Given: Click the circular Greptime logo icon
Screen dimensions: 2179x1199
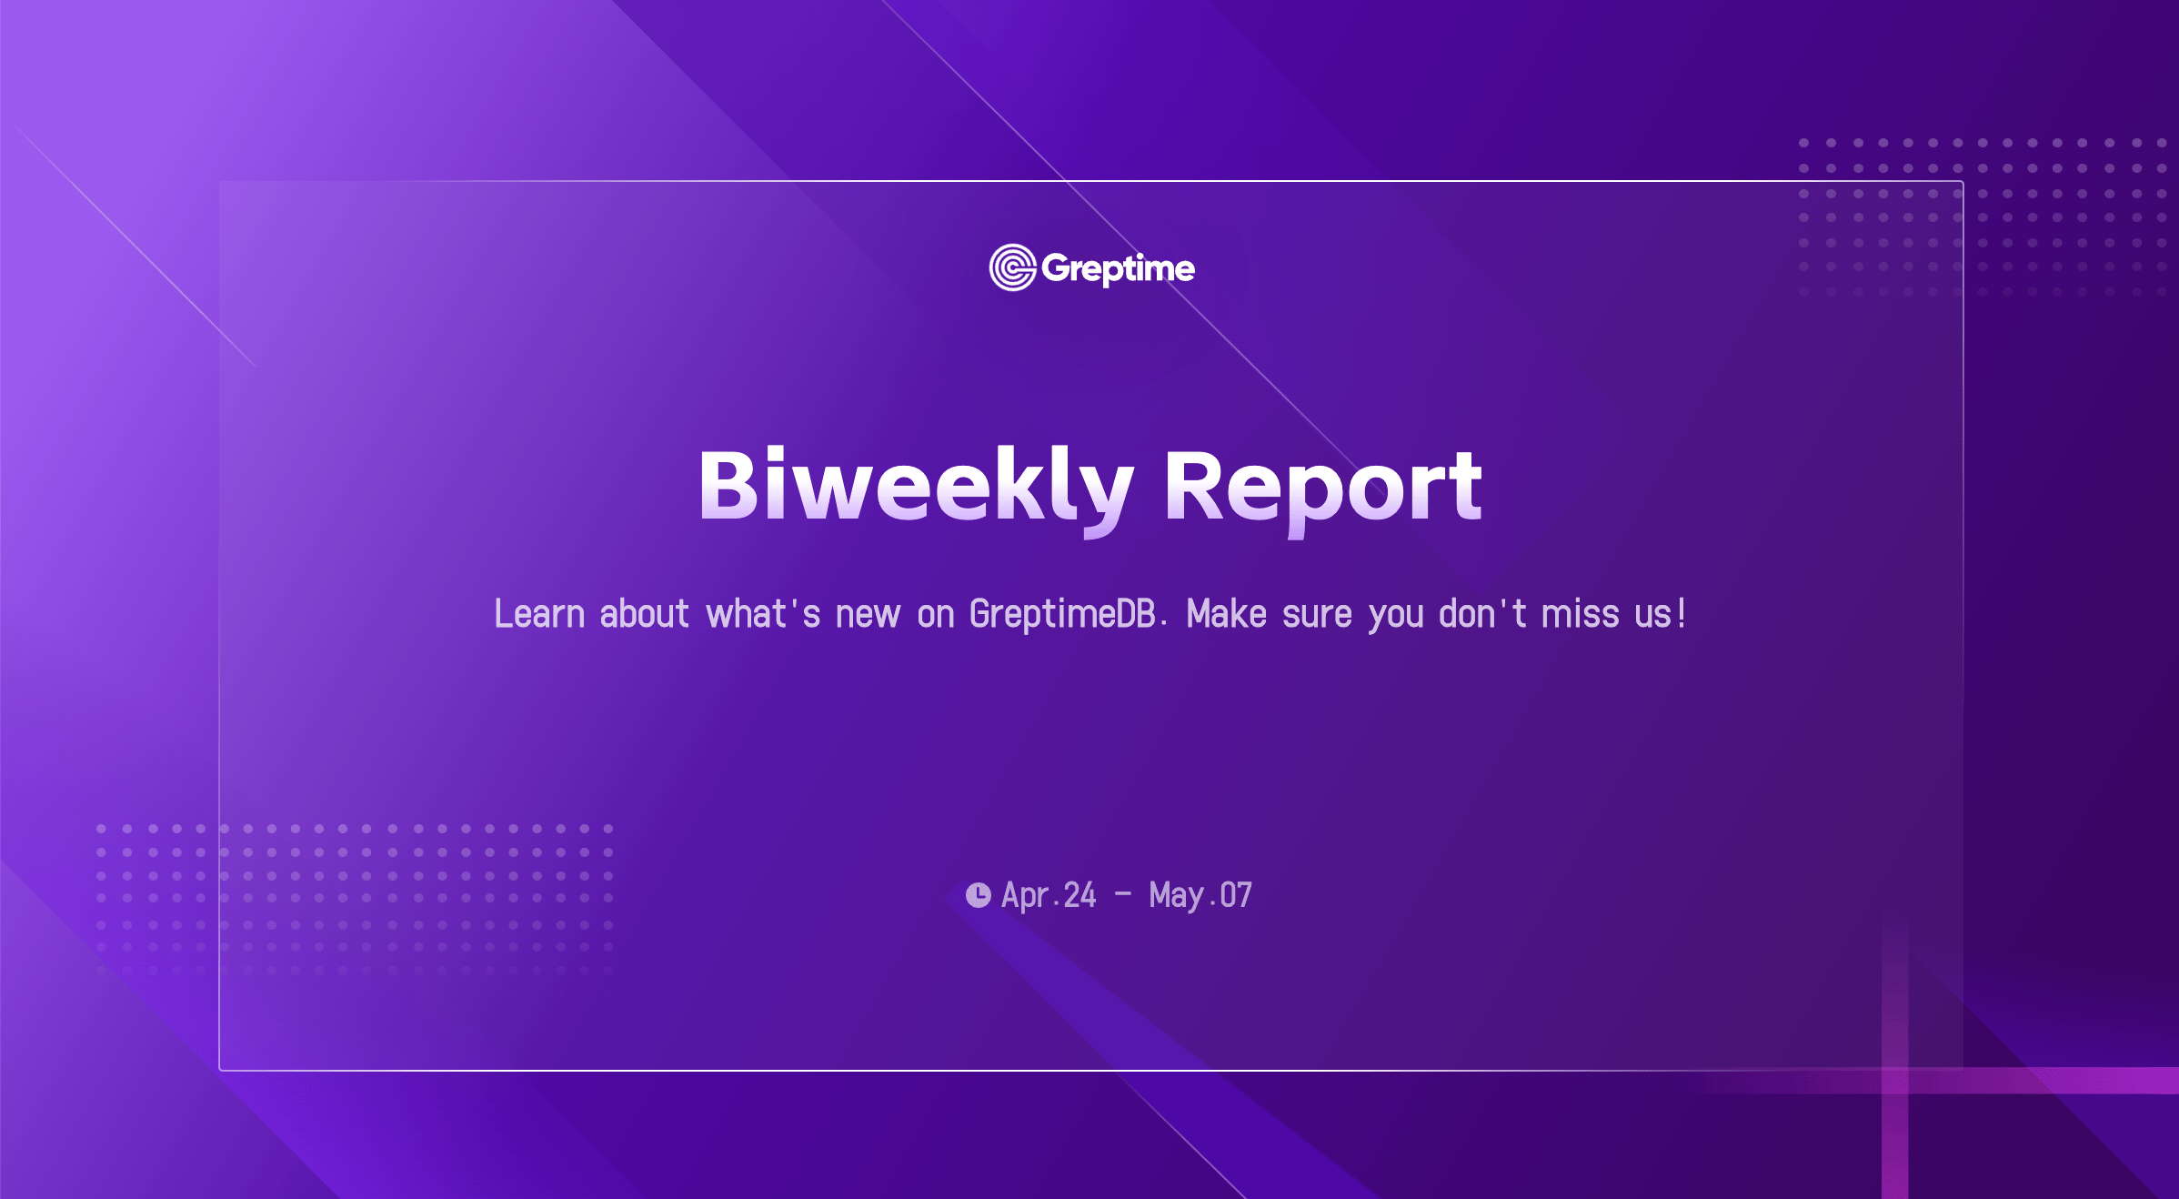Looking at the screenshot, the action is [x=1012, y=267].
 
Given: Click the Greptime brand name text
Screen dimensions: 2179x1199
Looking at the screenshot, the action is [x=1118, y=269].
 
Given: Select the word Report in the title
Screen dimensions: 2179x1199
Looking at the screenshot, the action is [x=1323, y=491].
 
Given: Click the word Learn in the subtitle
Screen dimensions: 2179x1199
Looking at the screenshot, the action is [x=539, y=614].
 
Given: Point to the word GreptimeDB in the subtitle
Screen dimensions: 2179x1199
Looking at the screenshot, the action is [x=1062, y=614].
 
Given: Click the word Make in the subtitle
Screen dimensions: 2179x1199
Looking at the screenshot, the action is [x=1227, y=614].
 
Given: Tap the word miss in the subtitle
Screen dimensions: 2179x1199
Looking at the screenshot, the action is [x=1581, y=614].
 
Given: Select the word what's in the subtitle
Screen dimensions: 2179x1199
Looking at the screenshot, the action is [x=764, y=614].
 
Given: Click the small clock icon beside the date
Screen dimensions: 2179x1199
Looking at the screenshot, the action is [x=979, y=895].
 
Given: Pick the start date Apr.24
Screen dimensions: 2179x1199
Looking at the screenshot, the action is [x=1049, y=896].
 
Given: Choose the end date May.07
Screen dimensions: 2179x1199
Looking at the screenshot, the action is [x=1200, y=896].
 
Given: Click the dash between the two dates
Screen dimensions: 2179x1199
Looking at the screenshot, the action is [x=1123, y=894].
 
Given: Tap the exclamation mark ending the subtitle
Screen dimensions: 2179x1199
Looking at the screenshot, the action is [x=1682, y=614].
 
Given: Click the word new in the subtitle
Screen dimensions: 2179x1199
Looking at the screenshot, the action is [x=868, y=616].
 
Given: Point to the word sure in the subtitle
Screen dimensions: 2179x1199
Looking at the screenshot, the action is [x=1317, y=616].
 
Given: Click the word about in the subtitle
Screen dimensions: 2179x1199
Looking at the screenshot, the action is [x=645, y=614].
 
